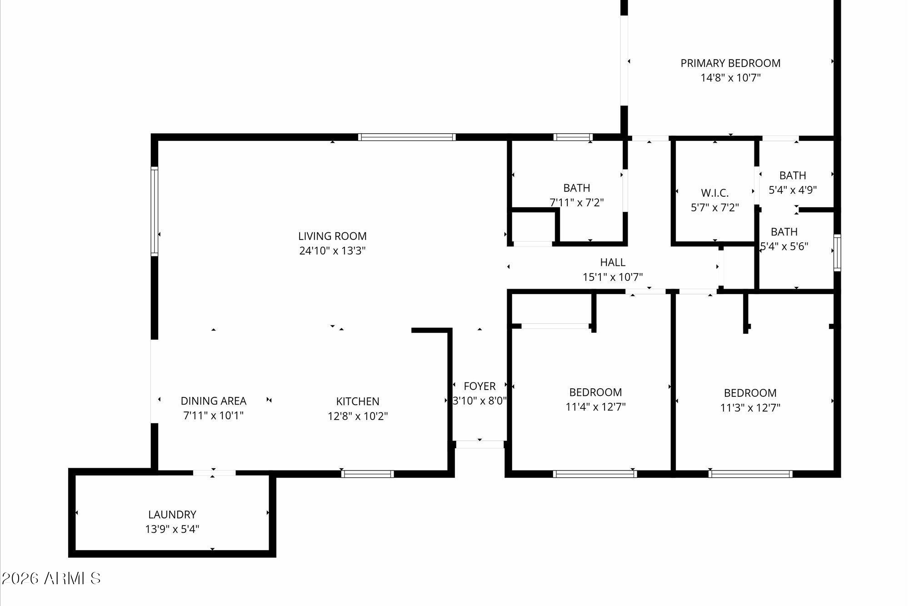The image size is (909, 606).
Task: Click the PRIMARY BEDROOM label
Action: (730, 63)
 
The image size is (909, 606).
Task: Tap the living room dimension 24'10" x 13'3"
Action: (332, 250)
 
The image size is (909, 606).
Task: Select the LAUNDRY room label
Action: (172, 514)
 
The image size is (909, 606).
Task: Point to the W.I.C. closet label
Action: (714, 193)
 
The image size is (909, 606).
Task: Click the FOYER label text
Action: (479, 386)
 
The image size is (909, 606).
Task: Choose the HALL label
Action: (612, 262)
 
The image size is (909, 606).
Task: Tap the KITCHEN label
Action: (358, 401)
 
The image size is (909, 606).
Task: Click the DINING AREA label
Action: (213, 401)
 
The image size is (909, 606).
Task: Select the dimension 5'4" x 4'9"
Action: (793, 190)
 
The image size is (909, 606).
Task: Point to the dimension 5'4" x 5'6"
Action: (784, 246)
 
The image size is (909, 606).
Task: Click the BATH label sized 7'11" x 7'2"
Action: (577, 188)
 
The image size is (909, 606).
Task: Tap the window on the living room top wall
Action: (406, 137)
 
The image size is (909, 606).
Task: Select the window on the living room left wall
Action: (155, 211)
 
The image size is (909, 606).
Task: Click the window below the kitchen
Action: (367, 474)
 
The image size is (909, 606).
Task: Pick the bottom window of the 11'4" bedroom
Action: (594, 474)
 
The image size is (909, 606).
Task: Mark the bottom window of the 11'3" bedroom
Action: (750, 474)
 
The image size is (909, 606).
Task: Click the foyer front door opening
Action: (479, 444)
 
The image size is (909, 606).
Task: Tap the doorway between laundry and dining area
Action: (214, 473)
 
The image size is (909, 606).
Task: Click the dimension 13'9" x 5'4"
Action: (172, 529)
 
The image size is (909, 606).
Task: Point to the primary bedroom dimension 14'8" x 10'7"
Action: (730, 78)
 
